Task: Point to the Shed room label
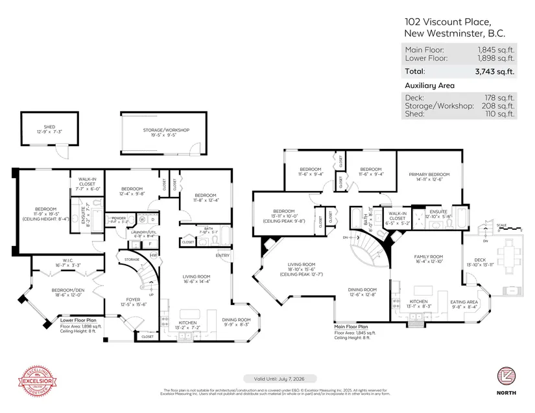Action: [x=49, y=127]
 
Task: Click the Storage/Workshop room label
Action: [x=166, y=130]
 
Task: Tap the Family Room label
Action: [x=428, y=256]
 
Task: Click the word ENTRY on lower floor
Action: [x=222, y=254]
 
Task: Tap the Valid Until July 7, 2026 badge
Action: [x=267, y=378]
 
